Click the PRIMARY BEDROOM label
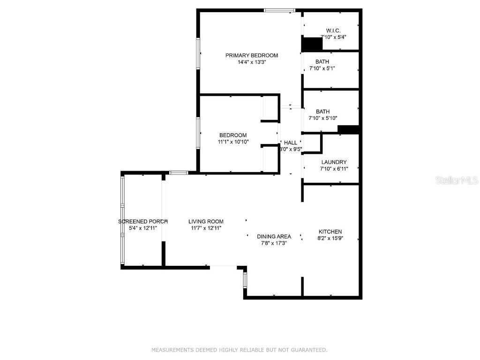coord(252,55)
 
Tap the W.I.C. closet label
coord(333,30)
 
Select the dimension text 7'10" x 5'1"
coord(322,68)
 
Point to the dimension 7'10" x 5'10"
coord(323,118)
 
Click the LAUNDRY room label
coord(334,162)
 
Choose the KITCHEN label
coord(330,232)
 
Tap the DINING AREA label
coord(274,237)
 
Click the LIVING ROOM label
coord(206,222)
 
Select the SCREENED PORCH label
coord(143,221)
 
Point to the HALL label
coord(291,142)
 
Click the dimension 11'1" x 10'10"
coord(233,142)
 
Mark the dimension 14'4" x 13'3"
coord(252,62)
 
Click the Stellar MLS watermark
coord(457,180)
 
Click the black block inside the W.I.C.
coord(312,44)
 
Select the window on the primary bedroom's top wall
coord(279,10)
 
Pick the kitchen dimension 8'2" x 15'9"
coord(330,238)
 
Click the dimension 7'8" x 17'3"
coord(274,243)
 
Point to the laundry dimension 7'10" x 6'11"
coord(334,169)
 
